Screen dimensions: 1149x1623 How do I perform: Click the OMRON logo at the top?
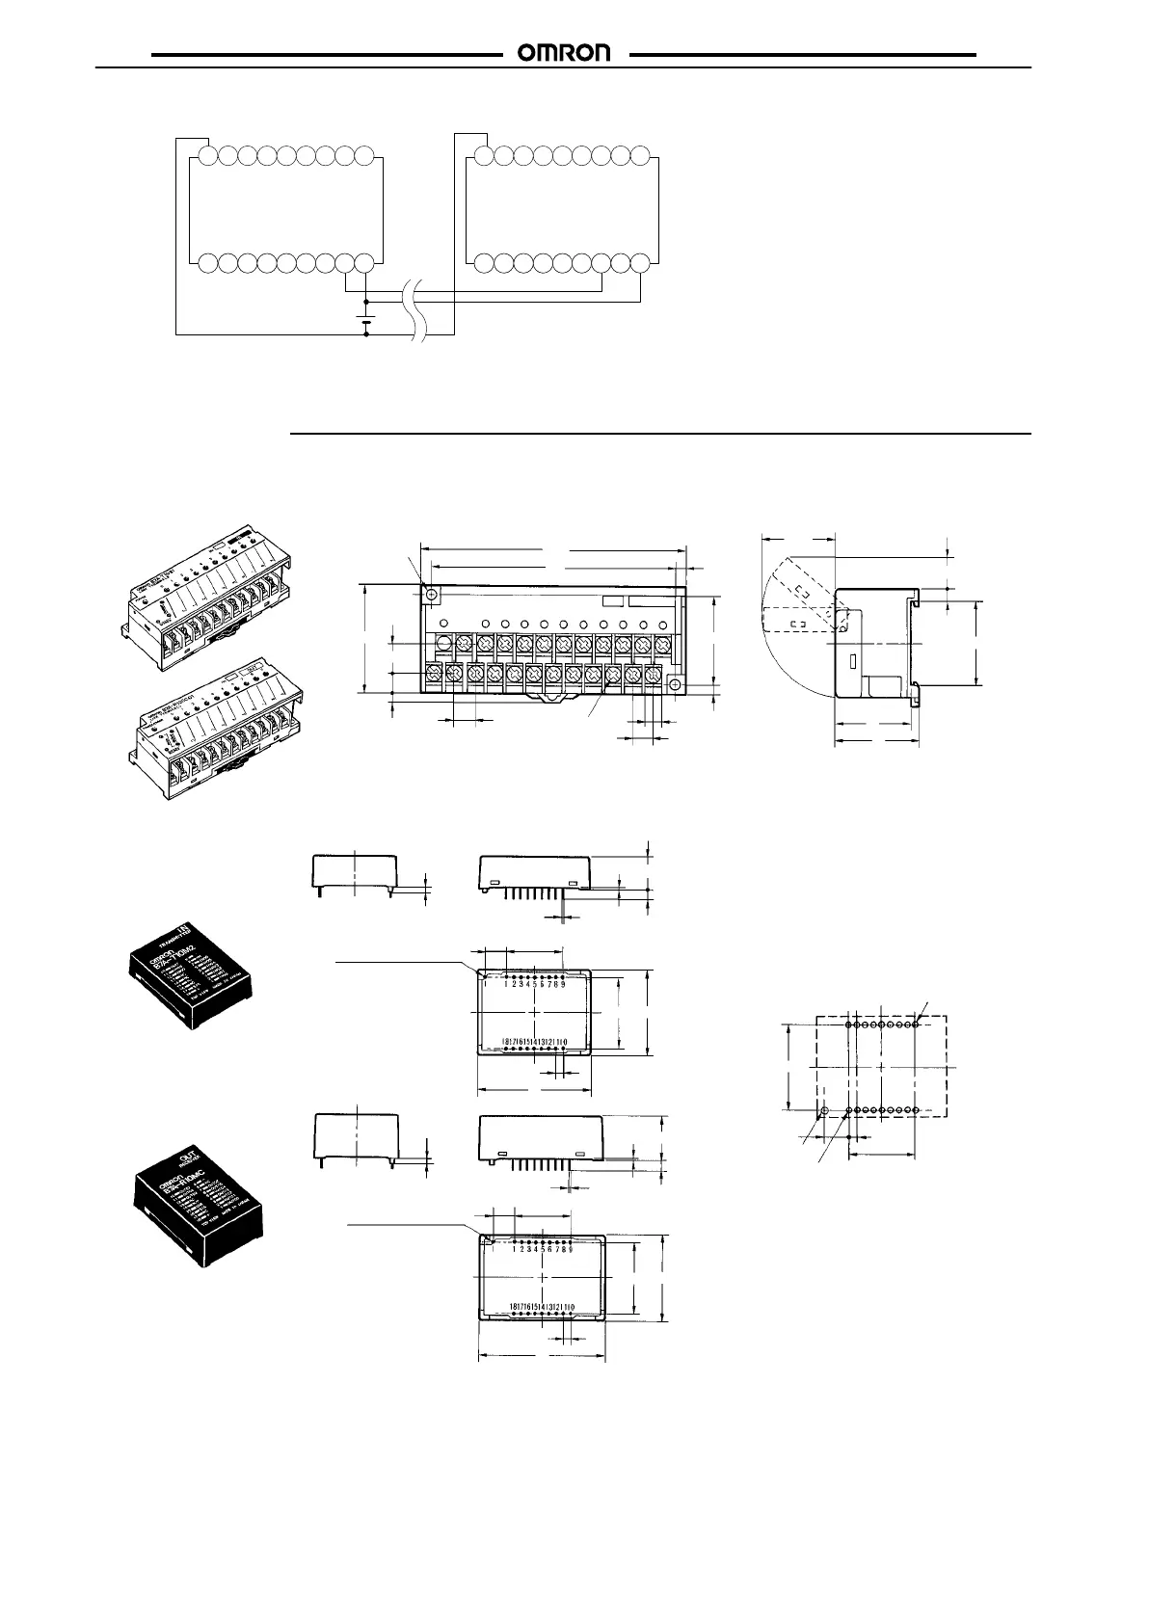pos(566,54)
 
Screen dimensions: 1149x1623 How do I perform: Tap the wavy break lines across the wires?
pos(419,310)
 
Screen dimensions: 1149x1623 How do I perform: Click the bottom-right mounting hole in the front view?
pos(676,684)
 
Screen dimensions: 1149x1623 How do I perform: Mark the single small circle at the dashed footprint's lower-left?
pos(824,1111)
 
